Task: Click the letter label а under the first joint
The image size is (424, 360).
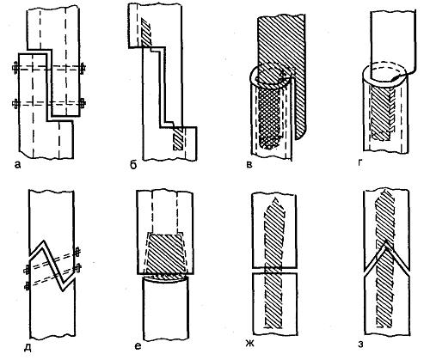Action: click(x=17, y=165)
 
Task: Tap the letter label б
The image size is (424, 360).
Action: click(x=133, y=165)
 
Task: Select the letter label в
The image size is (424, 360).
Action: click(x=249, y=165)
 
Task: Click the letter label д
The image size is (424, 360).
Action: click(x=28, y=347)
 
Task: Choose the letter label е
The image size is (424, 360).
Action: click(x=138, y=346)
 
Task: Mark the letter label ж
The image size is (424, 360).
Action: click(x=250, y=343)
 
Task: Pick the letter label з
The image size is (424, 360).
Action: click(x=360, y=345)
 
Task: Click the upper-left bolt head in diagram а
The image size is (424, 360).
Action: click(x=15, y=69)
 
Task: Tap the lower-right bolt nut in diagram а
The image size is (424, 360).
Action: click(x=83, y=103)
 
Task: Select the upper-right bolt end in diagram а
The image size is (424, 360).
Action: click(x=83, y=69)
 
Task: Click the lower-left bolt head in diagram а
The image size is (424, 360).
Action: click(x=15, y=104)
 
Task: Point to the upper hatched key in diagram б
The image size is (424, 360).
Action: click(x=146, y=32)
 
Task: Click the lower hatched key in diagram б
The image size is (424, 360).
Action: click(x=178, y=138)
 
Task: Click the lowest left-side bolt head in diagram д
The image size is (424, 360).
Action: click(x=28, y=286)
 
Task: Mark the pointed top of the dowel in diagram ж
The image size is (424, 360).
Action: click(x=276, y=198)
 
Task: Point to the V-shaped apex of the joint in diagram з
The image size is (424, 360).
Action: click(x=386, y=242)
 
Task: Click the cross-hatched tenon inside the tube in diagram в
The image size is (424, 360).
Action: click(x=269, y=118)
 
